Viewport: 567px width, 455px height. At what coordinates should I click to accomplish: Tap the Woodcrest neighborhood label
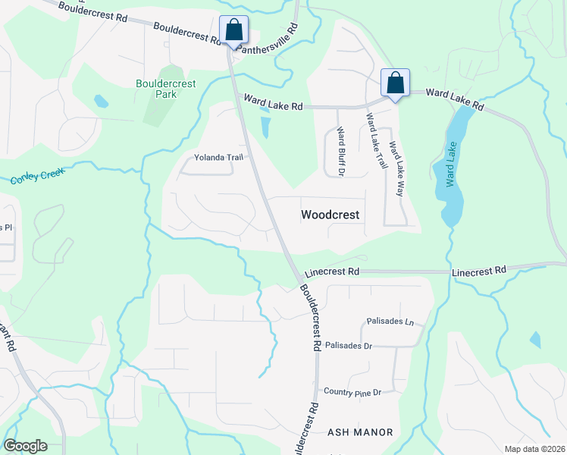pyautogui.click(x=330, y=215)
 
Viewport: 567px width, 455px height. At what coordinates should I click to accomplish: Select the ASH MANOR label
pyautogui.click(x=360, y=432)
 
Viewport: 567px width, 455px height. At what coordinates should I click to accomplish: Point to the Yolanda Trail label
pyautogui.click(x=217, y=158)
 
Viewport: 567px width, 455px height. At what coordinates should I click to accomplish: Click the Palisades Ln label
pyautogui.click(x=390, y=322)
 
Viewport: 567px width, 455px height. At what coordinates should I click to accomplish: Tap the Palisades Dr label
pyautogui.click(x=348, y=346)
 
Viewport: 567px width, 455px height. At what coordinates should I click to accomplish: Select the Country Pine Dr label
pyautogui.click(x=352, y=392)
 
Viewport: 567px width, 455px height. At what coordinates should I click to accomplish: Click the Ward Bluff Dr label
pyautogui.click(x=340, y=151)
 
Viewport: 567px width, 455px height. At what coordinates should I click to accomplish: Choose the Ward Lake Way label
pyautogui.click(x=395, y=169)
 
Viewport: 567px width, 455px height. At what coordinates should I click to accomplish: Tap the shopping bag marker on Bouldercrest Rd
pyautogui.click(x=234, y=30)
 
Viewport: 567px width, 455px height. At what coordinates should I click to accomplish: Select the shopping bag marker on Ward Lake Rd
pyautogui.click(x=395, y=83)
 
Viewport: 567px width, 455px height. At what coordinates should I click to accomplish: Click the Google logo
pyautogui.click(x=25, y=446)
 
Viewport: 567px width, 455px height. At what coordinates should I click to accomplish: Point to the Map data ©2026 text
pyautogui.click(x=534, y=449)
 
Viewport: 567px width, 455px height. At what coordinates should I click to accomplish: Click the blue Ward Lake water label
pyautogui.click(x=453, y=164)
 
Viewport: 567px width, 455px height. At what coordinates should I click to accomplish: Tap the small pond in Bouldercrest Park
pyautogui.click(x=100, y=100)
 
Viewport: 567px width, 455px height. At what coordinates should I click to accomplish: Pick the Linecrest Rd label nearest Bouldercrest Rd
pyautogui.click(x=331, y=271)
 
